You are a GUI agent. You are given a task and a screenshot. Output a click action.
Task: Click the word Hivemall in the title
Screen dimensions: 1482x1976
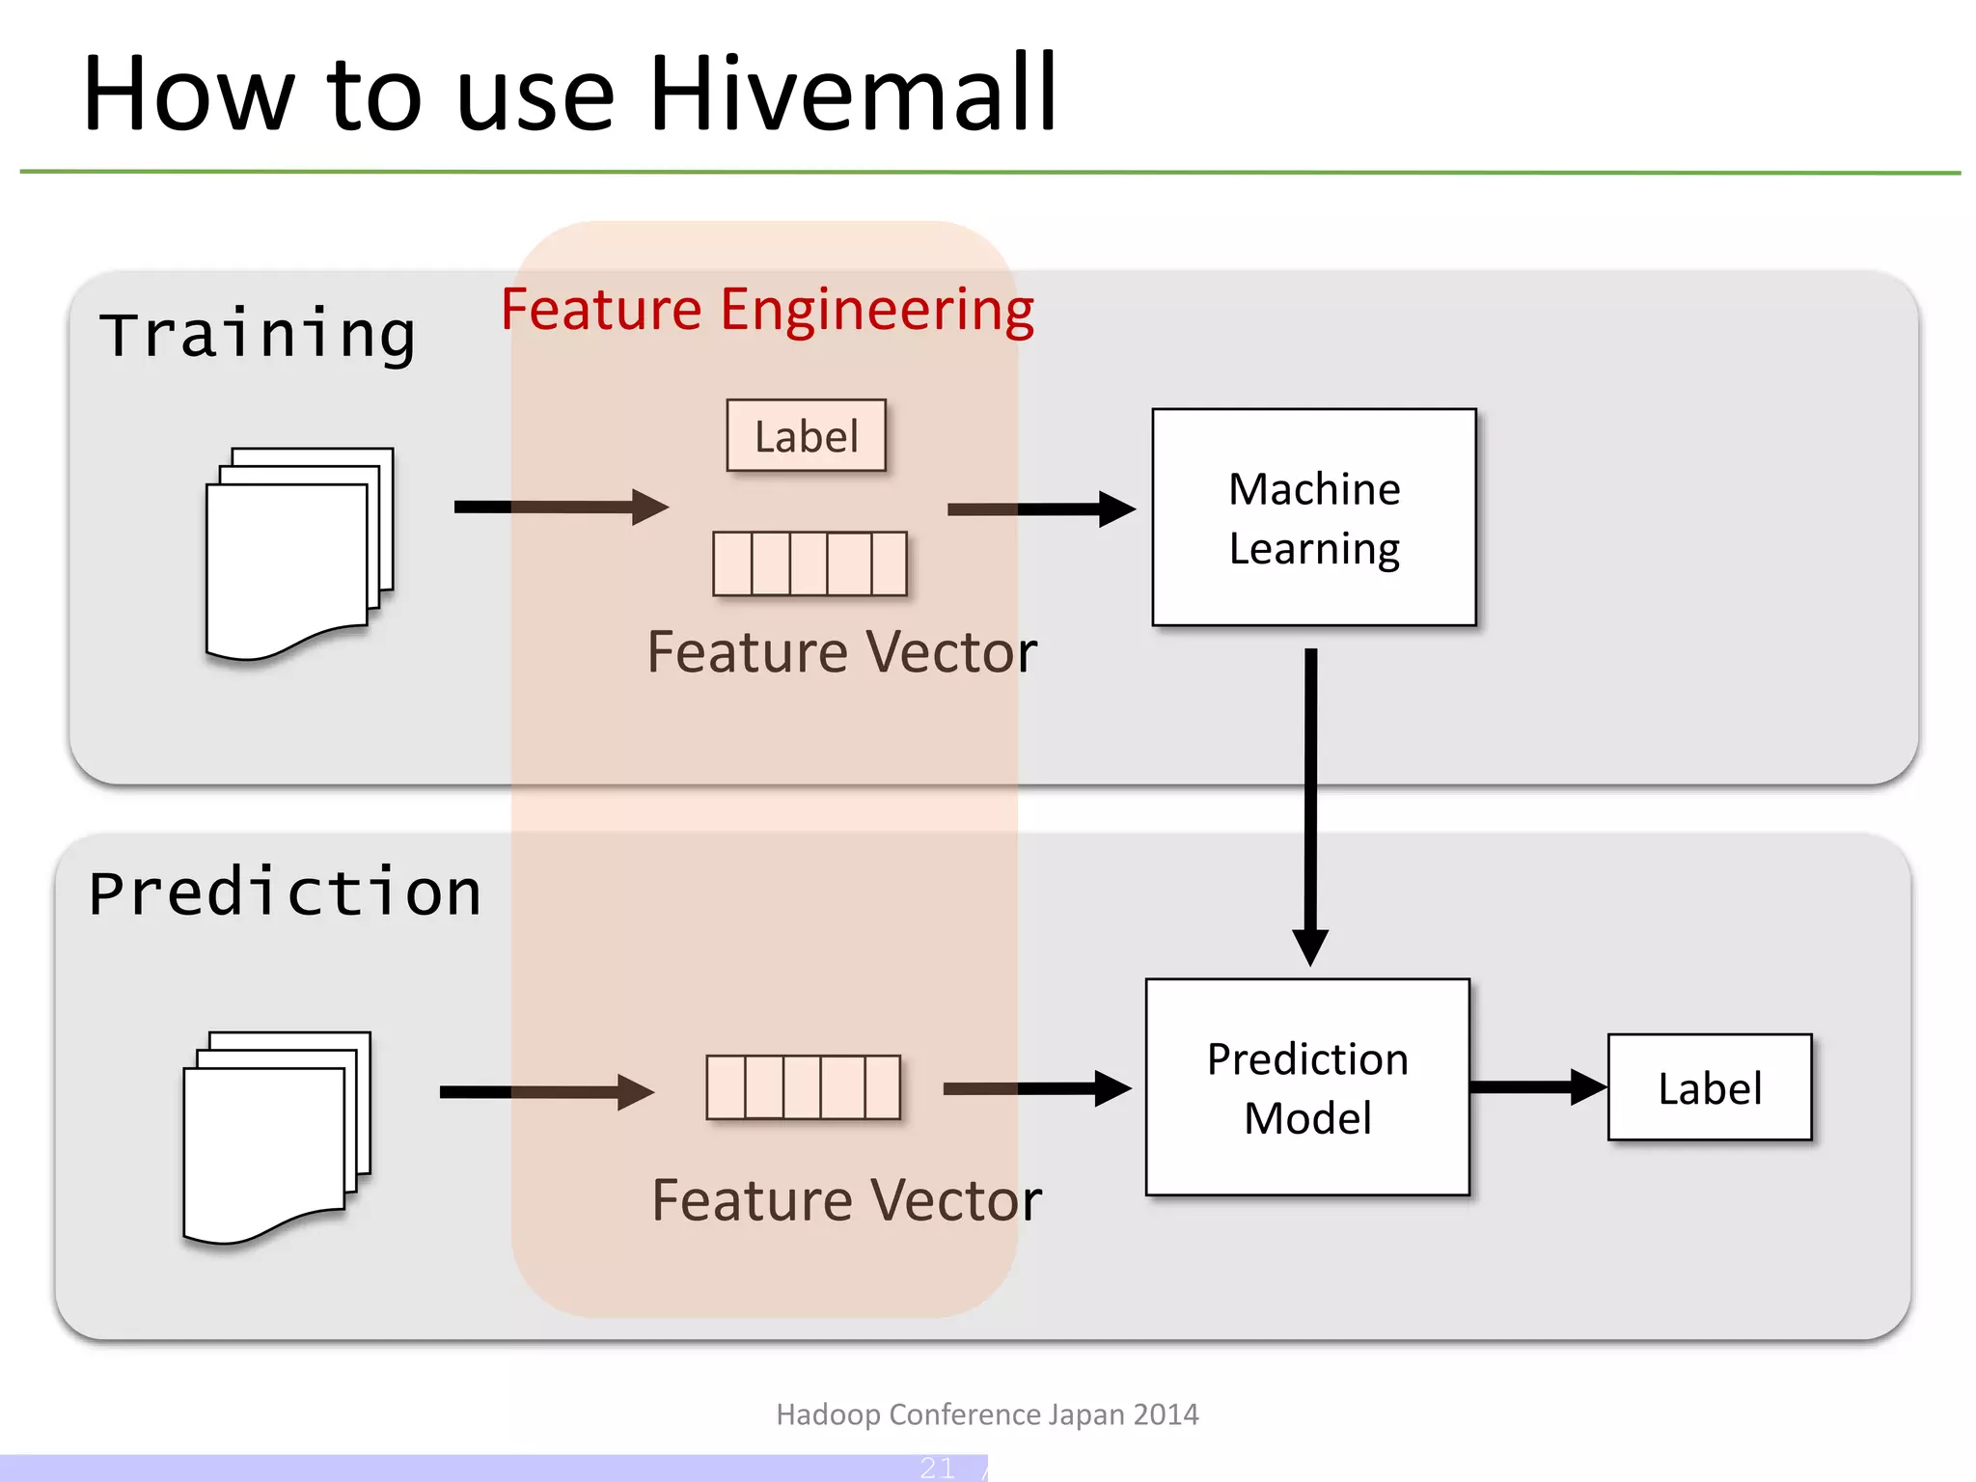point(854,94)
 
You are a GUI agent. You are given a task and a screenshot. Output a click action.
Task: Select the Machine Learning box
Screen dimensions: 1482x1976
point(1313,517)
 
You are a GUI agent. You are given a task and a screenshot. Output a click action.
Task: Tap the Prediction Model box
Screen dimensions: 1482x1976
point(1307,1087)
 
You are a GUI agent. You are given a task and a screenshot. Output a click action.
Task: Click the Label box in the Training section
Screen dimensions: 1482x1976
point(806,436)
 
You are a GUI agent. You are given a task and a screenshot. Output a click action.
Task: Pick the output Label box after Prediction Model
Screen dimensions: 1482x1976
point(1709,1087)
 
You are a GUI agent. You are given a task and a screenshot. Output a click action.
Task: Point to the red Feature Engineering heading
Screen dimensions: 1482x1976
point(767,310)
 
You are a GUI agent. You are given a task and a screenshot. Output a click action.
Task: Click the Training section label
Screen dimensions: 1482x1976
point(258,335)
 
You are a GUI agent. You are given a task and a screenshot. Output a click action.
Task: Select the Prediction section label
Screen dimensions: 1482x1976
point(285,892)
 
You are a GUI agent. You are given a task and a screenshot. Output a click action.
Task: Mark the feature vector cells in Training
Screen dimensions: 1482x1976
point(810,563)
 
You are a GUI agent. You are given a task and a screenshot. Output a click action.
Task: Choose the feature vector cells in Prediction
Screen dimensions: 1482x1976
point(803,1087)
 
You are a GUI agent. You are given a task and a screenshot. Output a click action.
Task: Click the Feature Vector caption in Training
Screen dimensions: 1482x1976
point(841,652)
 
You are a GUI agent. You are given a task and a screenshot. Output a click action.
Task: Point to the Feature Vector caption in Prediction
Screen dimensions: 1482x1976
point(846,1200)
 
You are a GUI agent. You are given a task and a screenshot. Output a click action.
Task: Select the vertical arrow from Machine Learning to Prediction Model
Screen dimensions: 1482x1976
point(1310,801)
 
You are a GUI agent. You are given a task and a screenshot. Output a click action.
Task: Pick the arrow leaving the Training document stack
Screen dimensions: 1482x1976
point(561,507)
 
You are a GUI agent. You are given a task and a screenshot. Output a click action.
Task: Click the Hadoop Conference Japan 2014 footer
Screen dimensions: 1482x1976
point(987,1414)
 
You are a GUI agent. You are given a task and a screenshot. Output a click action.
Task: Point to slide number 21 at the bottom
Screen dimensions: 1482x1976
point(937,1468)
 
